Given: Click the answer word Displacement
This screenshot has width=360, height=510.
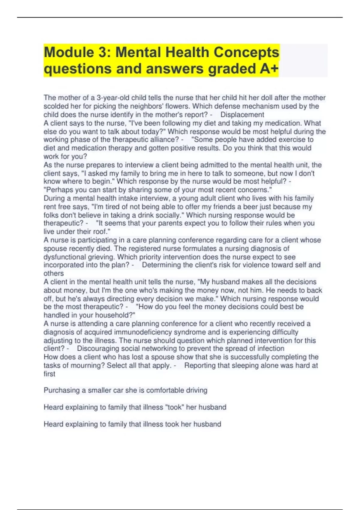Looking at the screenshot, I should click(242, 115).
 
